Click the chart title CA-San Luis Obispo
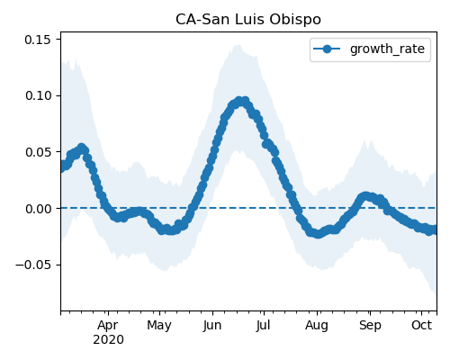click(248, 20)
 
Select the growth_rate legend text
click(387, 49)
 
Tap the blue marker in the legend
click(327, 49)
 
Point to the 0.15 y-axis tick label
click(38, 40)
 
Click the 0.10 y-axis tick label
click(38, 95)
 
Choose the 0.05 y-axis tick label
click(38, 152)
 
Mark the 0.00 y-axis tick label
click(38, 209)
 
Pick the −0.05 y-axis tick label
click(33, 265)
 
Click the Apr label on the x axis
click(108, 325)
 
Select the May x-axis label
click(159, 325)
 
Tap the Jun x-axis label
click(212, 325)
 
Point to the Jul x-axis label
click(264, 325)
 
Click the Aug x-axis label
click(317, 325)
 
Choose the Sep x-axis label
click(370, 325)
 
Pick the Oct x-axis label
click(422, 325)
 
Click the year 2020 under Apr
click(108, 340)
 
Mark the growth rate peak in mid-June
click(239, 101)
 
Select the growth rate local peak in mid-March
click(82, 148)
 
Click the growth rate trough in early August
click(318, 234)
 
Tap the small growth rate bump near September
click(364, 196)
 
